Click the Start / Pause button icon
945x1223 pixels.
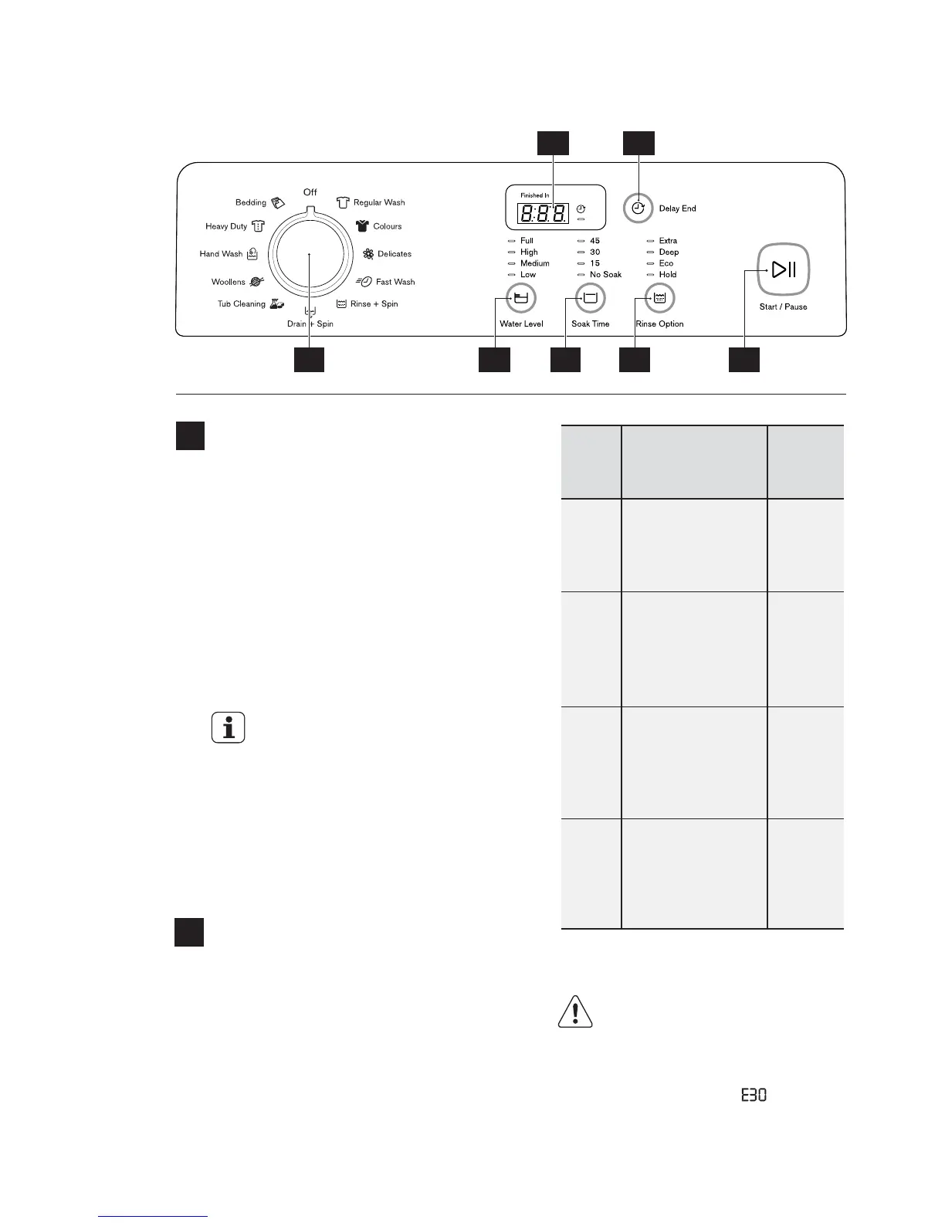[783, 269]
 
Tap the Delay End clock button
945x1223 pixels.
[638, 208]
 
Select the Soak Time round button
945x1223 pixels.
[591, 298]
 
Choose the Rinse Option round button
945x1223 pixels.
[659, 298]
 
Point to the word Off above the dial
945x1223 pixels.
[310, 192]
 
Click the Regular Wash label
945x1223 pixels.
[379, 202]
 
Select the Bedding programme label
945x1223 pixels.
[251, 202]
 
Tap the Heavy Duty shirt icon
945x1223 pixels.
[258, 226]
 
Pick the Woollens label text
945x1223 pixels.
[228, 282]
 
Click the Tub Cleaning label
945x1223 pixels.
[241, 303]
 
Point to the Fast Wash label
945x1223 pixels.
[395, 282]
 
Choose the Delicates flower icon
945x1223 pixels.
[368, 254]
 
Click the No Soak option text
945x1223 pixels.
[605, 274]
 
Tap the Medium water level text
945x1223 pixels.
[535, 263]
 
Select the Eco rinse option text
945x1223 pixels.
[666, 263]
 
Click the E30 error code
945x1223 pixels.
[754, 1095]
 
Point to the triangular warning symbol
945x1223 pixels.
[575, 1012]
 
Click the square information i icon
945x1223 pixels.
[229, 727]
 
